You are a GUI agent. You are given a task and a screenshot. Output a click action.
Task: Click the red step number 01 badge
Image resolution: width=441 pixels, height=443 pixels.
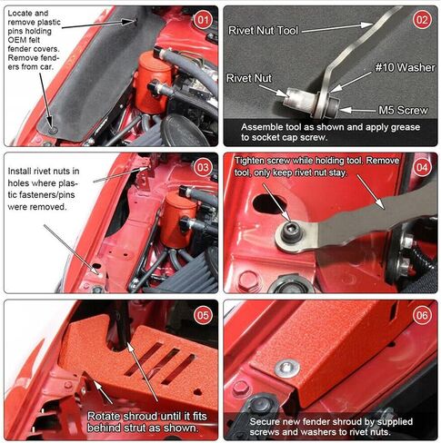203,20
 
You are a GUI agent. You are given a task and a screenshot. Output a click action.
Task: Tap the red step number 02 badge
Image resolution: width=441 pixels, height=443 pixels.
422,20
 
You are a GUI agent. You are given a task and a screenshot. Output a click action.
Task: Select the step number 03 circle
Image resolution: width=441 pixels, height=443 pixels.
203,167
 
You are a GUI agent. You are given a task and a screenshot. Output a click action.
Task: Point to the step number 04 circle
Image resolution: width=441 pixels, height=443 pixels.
422,167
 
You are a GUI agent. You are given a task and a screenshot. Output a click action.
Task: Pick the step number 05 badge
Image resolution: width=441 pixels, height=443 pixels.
203,315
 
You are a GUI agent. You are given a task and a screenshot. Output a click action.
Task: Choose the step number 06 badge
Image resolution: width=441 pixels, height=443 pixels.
422,315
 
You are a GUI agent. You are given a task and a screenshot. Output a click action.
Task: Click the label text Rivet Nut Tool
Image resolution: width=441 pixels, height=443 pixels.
263,31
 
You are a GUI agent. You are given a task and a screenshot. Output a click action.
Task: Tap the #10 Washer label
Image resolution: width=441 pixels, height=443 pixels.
405,67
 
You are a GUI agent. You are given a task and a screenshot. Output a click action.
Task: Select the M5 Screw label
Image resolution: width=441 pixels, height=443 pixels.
403,111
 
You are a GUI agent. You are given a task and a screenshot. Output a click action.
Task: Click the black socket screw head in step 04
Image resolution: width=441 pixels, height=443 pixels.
290,231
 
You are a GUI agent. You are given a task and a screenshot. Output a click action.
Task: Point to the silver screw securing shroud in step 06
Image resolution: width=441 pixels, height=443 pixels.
287,369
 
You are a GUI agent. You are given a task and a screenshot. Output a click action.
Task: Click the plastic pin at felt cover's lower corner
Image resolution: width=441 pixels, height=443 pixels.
53,130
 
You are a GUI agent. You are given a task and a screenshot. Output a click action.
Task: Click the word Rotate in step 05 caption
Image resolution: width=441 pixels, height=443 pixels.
104,417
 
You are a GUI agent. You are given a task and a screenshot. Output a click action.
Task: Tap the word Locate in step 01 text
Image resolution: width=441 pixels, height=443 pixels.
19,14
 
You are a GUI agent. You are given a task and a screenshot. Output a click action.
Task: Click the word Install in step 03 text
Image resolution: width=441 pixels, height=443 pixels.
19,172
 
